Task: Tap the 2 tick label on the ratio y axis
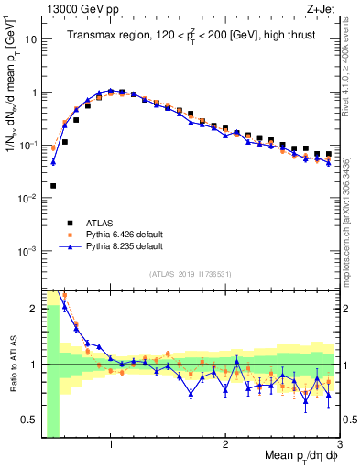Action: pyautogui.click(x=33, y=309)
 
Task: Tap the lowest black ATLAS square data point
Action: pyautogui.click(x=53, y=185)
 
